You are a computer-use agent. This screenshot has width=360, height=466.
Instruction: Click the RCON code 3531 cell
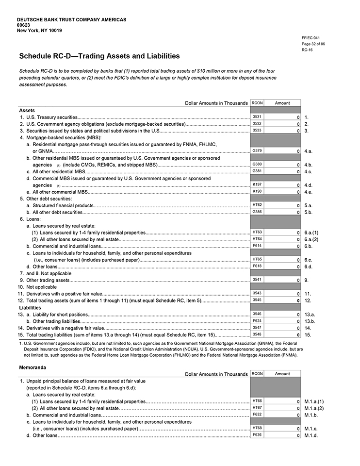257,117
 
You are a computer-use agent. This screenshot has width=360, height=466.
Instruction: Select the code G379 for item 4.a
257,151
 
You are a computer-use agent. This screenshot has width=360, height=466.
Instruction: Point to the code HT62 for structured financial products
257,205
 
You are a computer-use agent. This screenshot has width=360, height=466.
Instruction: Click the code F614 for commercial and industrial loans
257,246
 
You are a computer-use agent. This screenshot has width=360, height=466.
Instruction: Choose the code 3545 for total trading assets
257,300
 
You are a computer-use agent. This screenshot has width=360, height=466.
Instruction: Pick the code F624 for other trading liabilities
257,321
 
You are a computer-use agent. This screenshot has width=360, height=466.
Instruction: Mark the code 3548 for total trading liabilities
257,334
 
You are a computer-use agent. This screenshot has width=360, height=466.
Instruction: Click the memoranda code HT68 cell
257,428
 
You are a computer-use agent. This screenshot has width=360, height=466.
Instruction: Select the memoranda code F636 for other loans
257,435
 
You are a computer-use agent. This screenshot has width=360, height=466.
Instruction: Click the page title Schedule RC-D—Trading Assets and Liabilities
99,56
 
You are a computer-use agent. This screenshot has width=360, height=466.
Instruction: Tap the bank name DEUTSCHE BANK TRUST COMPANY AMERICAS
71,19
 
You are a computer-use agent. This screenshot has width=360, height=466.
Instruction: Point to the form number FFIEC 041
311,38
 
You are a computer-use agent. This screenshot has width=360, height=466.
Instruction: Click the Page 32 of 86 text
313,44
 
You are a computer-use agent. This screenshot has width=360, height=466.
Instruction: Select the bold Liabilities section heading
30,307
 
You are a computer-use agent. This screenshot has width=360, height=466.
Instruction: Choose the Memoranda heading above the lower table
32,367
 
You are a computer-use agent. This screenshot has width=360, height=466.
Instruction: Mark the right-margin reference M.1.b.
311,415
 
